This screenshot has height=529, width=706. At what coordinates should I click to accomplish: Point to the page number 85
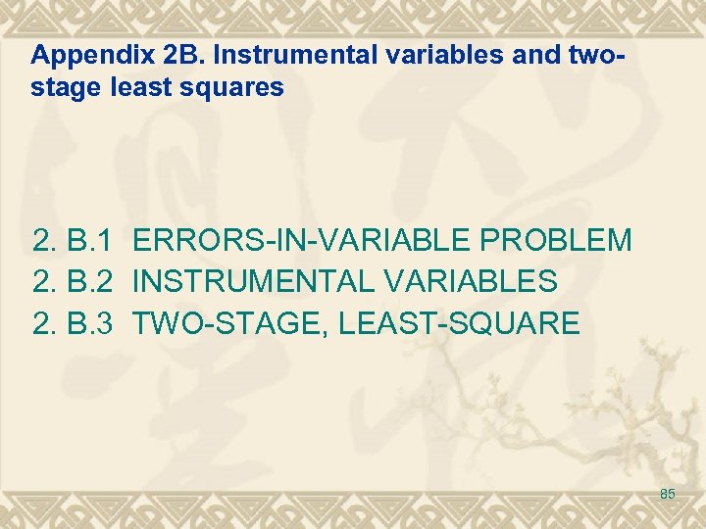pos(668,494)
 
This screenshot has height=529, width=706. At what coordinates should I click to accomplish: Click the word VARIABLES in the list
pos(473,282)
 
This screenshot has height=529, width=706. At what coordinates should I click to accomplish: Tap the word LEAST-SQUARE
pos(459,323)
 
